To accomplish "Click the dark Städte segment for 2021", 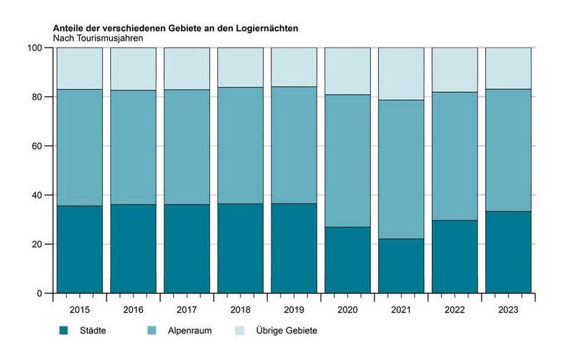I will point(401,266).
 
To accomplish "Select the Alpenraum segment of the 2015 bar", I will point(79,147).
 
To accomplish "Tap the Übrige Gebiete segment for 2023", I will point(508,68).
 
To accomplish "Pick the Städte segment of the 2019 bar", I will point(294,248).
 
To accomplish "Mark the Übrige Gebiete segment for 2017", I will point(187,68).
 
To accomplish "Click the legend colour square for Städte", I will point(63,330).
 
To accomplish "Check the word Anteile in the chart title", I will point(69,28).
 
